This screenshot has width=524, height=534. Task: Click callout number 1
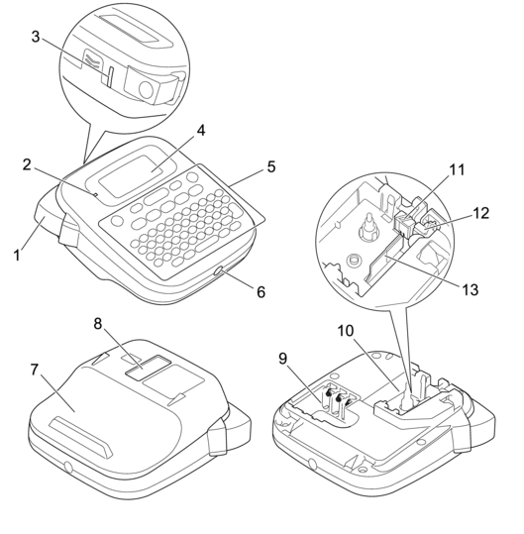click(x=17, y=255)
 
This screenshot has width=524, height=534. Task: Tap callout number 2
click(x=27, y=165)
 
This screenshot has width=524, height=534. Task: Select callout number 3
click(x=36, y=37)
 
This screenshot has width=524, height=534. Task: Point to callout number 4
click(x=201, y=130)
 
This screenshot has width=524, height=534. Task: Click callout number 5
click(x=271, y=166)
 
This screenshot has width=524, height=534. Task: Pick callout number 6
click(x=261, y=292)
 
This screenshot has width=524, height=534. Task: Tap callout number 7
click(x=34, y=370)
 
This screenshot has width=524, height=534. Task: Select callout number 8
click(x=98, y=324)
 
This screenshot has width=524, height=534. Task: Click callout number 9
click(x=283, y=359)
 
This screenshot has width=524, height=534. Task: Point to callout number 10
click(x=346, y=330)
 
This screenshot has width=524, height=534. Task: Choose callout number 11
click(x=457, y=169)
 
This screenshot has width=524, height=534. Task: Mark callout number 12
click(x=481, y=213)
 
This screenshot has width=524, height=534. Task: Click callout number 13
click(x=471, y=290)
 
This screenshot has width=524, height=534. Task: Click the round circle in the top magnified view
click(x=147, y=89)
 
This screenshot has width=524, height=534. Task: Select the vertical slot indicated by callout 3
click(x=109, y=76)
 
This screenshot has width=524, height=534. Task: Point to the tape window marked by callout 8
click(x=148, y=367)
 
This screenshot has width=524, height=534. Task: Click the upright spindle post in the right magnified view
click(x=368, y=228)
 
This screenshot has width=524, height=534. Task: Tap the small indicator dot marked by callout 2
click(x=96, y=195)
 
